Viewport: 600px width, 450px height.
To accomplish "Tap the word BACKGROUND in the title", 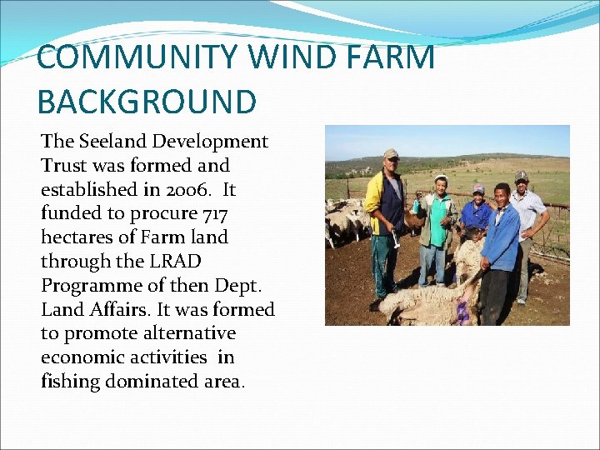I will point(147,102).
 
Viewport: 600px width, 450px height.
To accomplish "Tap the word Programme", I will point(89,286).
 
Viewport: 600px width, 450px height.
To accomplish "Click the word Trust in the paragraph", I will point(65,166).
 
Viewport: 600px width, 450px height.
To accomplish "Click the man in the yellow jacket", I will point(385,217).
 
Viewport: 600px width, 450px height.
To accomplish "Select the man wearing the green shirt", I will point(435,229).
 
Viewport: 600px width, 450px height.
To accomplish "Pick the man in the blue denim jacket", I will point(500,242).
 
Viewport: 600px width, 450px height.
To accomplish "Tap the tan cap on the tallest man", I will point(391,154).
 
